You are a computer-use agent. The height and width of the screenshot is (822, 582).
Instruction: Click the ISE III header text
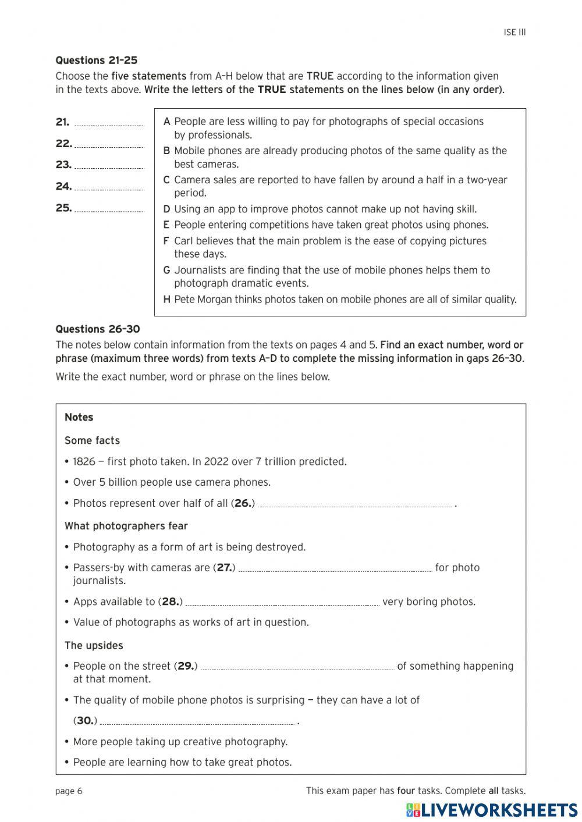tap(514, 33)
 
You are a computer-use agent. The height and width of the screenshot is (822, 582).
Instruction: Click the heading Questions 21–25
tap(96, 61)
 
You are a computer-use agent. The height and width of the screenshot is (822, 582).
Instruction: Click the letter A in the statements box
tap(167, 122)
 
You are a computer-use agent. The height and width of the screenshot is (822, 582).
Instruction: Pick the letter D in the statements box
tap(167, 209)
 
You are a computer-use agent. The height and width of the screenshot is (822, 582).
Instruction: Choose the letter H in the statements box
tap(167, 300)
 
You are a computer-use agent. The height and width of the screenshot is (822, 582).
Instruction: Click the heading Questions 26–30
tap(97, 329)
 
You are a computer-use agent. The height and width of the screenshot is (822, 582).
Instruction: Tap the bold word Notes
tap(79, 417)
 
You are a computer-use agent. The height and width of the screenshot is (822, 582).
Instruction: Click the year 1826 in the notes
tap(84, 461)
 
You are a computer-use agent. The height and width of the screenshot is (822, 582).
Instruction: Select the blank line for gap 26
tap(354, 505)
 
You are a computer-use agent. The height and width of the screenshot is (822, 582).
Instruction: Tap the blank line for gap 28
tap(282, 603)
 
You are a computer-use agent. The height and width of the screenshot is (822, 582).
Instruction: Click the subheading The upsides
tap(94, 645)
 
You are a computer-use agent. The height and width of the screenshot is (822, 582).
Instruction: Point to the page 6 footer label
tap(69, 791)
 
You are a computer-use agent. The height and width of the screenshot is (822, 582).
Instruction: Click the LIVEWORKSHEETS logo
tap(492, 810)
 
